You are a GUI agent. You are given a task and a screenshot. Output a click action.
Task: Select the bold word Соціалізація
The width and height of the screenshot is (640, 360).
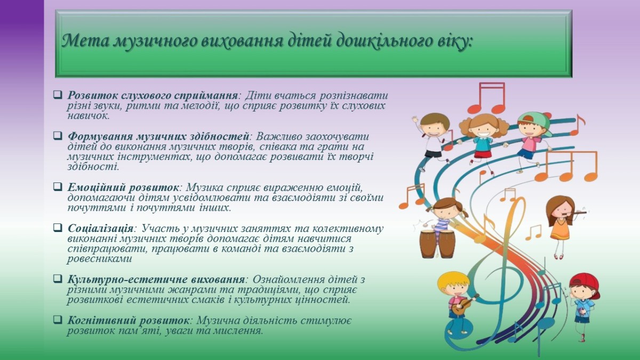click(x=101, y=229)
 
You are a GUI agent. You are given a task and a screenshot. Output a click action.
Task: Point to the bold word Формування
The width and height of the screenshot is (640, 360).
click(x=100, y=137)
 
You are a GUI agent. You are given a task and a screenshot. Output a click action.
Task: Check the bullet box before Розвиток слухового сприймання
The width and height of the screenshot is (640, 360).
click(x=58, y=94)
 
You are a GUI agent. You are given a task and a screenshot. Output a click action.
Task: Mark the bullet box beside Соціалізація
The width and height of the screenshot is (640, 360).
click(x=58, y=228)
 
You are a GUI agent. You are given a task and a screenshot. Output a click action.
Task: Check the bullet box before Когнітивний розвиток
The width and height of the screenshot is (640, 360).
click(x=58, y=319)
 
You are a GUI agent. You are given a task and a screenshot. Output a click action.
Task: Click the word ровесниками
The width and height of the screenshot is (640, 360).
click(x=99, y=259)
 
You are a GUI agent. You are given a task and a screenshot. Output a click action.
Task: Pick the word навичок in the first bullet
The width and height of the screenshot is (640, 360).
click(x=88, y=116)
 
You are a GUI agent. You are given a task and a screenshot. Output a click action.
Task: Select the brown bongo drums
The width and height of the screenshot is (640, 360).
click(x=437, y=244)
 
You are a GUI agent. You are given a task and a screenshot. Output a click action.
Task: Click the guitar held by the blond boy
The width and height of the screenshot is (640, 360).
click(x=463, y=305)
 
